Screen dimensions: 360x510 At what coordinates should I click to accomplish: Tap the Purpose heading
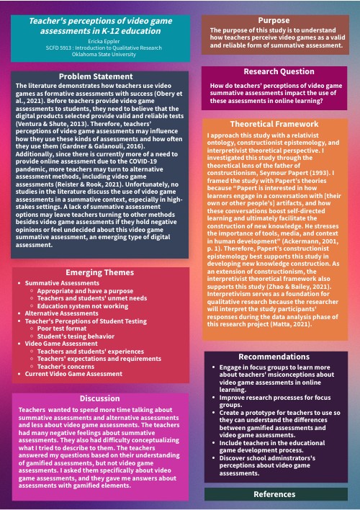[273, 20]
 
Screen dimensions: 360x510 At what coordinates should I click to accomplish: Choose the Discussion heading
[100, 398]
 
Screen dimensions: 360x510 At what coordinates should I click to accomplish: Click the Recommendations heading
[279, 357]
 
